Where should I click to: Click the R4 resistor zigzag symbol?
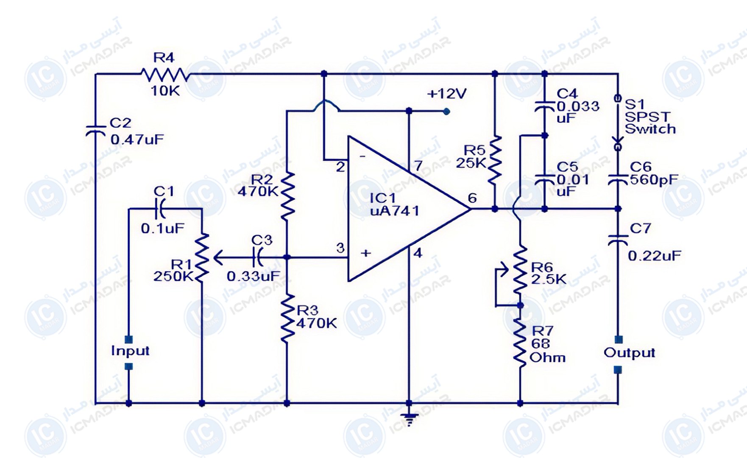[x=164, y=74]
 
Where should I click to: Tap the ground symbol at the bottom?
[x=409, y=419]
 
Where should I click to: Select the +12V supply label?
[x=447, y=93]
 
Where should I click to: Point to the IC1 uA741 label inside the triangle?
[x=395, y=204]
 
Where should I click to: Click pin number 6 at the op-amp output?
[x=472, y=198]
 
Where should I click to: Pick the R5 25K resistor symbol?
[x=495, y=160]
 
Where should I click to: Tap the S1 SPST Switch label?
[x=650, y=116]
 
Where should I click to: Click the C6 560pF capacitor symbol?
[x=618, y=180]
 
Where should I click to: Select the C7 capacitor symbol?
[x=618, y=240]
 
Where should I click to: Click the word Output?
[x=629, y=353]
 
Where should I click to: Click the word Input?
[x=130, y=351]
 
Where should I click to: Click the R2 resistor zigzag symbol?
[x=287, y=195]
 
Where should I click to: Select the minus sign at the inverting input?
[x=362, y=156]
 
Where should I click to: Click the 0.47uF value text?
[x=137, y=140]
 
